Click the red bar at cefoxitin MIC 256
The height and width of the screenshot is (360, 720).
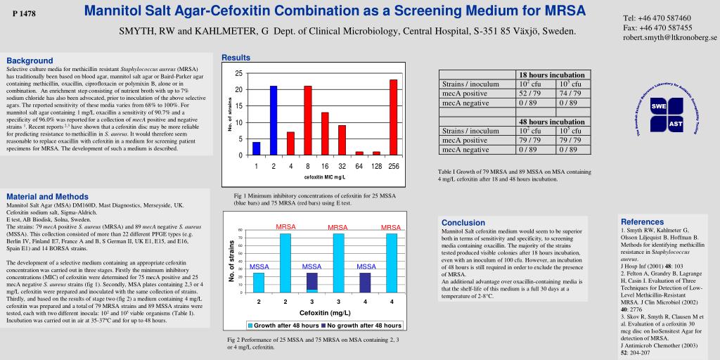pyautogui.click(x=393, y=117)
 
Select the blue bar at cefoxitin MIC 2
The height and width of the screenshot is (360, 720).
pyautogui.click(x=274, y=120)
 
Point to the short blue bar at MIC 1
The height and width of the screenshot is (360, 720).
pyautogui.click(x=257, y=148)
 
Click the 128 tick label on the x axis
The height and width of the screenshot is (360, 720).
pyautogui.click(x=376, y=166)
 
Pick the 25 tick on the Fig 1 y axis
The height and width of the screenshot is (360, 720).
pyautogui.click(x=238, y=73)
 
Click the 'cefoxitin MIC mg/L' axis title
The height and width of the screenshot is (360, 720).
pyautogui.click(x=324, y=176)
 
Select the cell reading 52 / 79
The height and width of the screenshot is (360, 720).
pyautogui.click(x=529, y=93)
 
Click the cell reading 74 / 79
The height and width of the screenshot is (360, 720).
pyautogui.click(x=570, y=93)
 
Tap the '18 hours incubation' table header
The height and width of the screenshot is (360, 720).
pyautogui.click(x=551, y=75)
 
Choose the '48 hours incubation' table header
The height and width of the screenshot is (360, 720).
pyautogui.click(x=551, y=122)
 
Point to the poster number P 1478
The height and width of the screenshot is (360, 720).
pyautogui.click(x=24, y=14)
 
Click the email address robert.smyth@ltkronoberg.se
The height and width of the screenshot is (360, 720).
pyautogui.click(x=669, y=37)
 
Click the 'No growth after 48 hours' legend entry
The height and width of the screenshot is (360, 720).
pyautogui.click(x=361, y=326)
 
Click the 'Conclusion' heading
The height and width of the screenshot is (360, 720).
pyautogui.click(x=463, y=222)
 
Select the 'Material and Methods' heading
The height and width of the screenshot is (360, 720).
pyautogui.click(x=47, y=196)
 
